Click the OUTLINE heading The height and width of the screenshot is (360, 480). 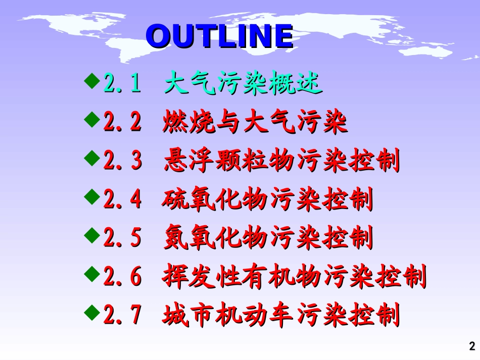coord(219,36)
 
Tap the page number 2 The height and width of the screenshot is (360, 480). coord(472,346)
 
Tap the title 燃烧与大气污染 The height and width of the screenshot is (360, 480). coord(255,123)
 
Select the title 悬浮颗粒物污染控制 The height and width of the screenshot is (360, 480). coord(281,162)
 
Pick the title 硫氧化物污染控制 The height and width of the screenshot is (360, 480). coord(268,200)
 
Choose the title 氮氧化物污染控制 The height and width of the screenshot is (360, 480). coord(268,238)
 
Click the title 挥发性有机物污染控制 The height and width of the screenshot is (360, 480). coord(295,277)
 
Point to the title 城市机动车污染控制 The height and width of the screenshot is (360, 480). coord(281,316)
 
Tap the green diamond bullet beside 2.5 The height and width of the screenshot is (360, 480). coord(92,234)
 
